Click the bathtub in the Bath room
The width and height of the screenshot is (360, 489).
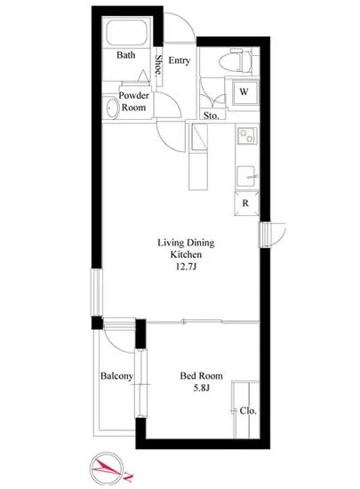point(126,32)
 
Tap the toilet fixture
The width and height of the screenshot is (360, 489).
point(236,61)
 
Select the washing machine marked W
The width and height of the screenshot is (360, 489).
point(244,93)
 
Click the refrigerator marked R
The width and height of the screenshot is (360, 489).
point(246,204)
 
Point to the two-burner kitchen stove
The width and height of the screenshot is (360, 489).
point(247,136)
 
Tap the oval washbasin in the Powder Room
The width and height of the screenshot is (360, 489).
point(110,108)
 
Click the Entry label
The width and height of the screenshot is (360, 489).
point(180,60)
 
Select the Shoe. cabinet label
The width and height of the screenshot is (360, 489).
point(158,66)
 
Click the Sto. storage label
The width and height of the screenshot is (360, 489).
point(211,116)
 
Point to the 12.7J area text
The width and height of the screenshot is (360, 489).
point(186,267)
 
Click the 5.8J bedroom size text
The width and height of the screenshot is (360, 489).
point(202,388)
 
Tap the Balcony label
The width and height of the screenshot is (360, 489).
point(116,376)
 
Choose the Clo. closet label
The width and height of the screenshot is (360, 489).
point(248,411)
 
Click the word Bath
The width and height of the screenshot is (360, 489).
point(126,55)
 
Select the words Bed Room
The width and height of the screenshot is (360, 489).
point(202,376)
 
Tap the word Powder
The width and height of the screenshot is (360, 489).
point(134,95)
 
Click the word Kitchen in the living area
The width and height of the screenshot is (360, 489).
point(186,254)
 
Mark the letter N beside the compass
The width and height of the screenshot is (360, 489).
point(129,477)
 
